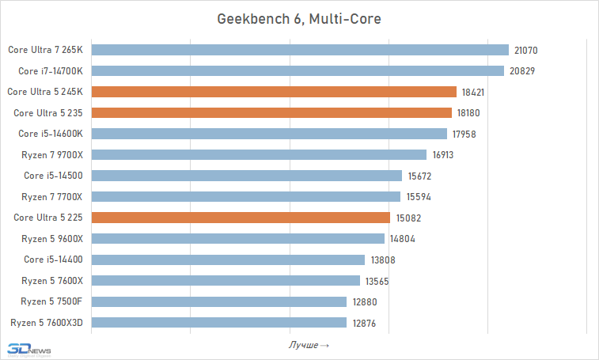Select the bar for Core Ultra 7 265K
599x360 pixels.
point(300,50)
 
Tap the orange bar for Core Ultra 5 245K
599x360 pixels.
point(275,92)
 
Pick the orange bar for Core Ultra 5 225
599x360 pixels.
point(241,218)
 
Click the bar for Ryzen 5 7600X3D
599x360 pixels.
point(219,322)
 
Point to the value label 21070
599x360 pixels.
point(526,50)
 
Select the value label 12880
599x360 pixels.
point(364,301)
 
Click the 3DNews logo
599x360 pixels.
point(29,349)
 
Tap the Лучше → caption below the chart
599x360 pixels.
point(309,345)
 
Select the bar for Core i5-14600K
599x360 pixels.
point(270,134)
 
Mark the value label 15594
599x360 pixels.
point(418,196)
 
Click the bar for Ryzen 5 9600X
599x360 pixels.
point(238,238)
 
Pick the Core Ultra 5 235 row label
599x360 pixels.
point(49,112)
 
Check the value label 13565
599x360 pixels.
point(377,281)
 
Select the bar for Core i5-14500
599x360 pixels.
point(247,176)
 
